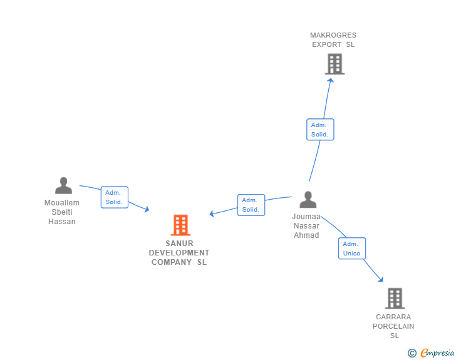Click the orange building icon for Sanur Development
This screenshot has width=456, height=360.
click(x=180, y=225)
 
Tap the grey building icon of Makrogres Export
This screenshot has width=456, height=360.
click(x=334, y=64)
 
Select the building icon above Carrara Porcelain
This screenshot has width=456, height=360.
click(x=395, y=299)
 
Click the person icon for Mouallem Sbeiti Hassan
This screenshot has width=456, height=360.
click(x=63, y=185)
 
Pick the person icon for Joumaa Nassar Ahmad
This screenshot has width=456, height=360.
click(x=308, y=200)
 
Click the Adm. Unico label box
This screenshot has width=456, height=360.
click(x=352, y=249)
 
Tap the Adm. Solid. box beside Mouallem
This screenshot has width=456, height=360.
click(x=115, y=197)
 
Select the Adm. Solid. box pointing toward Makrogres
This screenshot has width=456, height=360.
click(x=320, y=130)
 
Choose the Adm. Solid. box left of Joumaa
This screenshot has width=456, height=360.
click(x=251, y=205)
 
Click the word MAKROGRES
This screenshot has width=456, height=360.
click(x=333, y=35)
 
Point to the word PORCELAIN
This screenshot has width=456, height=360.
click(x=393, y=326)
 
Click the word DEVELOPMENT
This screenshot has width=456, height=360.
click(x=179, y=253)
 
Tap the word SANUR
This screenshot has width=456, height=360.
click(x=179, y=244)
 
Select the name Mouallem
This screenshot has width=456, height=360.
click(x=61, y=203)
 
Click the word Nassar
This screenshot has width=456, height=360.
click(x=306, y=226)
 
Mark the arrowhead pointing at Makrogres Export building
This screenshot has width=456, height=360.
click(x=330, y=81)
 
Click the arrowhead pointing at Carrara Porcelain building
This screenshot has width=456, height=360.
click(x=381, y=279)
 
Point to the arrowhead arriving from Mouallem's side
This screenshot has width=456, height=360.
click(x=147, y=209)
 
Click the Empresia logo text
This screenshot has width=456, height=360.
click(x=437, y=352)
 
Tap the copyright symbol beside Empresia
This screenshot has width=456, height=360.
click(x=412, y=353)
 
